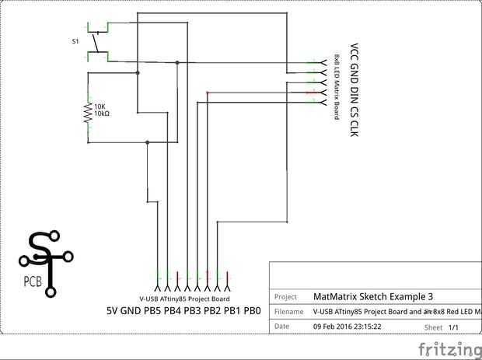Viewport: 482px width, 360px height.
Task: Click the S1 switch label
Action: [75, 41]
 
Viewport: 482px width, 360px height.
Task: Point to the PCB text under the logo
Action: [33, 281]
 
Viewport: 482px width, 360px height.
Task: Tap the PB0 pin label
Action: [252, 311]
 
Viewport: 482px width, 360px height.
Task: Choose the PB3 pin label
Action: [191, 311]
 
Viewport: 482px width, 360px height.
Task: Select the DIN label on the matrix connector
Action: [355, 95]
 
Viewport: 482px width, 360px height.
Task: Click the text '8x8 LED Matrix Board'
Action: [338, 86]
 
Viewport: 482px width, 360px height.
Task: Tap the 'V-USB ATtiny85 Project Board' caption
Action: [184, 299]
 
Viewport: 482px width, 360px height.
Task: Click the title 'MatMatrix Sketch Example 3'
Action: [372, 296]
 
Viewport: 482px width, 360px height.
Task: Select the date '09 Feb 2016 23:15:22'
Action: [346, 327]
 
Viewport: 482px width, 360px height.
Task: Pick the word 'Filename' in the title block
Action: [288, 312]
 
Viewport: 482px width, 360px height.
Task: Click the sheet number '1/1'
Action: [455, 328]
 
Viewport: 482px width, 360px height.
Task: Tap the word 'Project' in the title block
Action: [286, 296]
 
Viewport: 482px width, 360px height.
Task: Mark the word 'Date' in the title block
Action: [282, 327]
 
